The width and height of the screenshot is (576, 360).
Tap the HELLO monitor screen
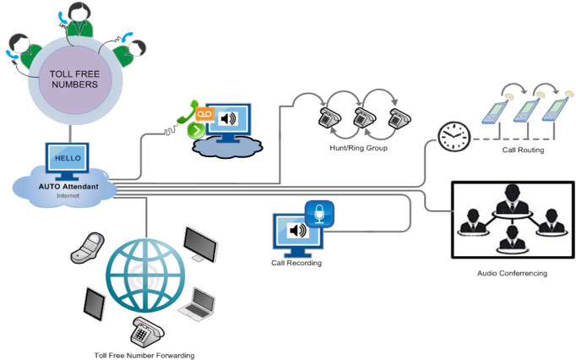(x=68, y=158)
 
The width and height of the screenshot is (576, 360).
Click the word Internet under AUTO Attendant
(x=67, y=194)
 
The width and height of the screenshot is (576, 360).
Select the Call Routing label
(x=524, y=150)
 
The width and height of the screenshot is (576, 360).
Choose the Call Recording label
(x=297, y=263)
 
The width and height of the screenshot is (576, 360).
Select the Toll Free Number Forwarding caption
(x=144, y=356)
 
